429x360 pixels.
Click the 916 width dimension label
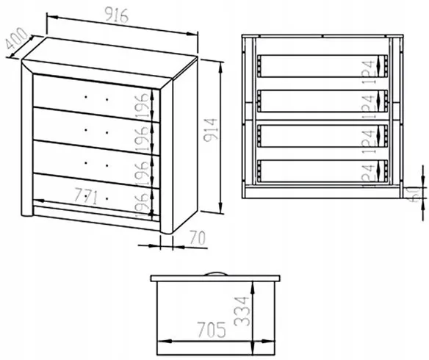tap(117, 15)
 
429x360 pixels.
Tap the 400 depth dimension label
tap(17, 38)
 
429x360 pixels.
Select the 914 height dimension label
tap(211, 130)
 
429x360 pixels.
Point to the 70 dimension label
tap(198, 237)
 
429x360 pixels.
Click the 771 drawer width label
tap(86, 195)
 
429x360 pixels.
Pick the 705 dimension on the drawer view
tap(212, 330)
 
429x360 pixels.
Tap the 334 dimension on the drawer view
tap(242, 312)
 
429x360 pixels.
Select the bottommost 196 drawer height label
tap(143, 206)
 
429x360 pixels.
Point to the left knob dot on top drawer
tap(86, 96)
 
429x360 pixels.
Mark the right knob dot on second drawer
tap(107, 133)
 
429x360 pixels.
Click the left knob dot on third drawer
tap(86, 163)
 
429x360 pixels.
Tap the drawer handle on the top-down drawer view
tap(215, 274)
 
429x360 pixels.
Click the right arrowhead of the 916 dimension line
tap(192, 34)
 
